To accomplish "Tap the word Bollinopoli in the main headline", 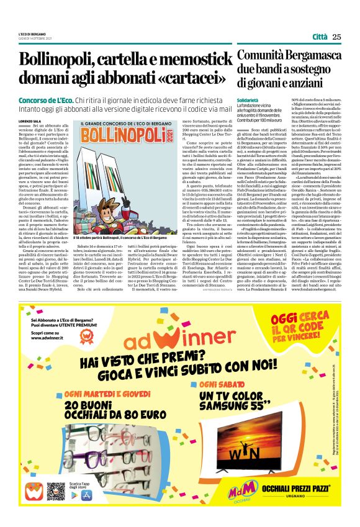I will click(59, 61).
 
